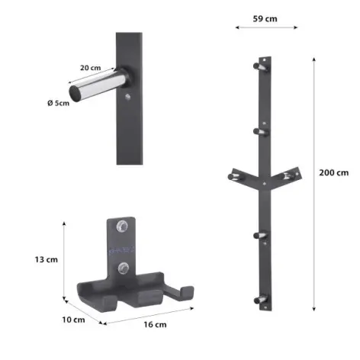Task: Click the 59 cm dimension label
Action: point(265,19)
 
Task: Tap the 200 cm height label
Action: point(334,172)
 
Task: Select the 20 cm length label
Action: point(91,68)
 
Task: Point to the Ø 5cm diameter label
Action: point(59,103)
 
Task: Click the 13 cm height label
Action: point(47,259)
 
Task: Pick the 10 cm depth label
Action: point(73,320)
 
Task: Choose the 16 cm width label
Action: point(155,324)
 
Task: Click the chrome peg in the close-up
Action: point(99,85)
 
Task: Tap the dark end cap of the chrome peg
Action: point(75,93)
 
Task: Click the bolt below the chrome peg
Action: point(128,97)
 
